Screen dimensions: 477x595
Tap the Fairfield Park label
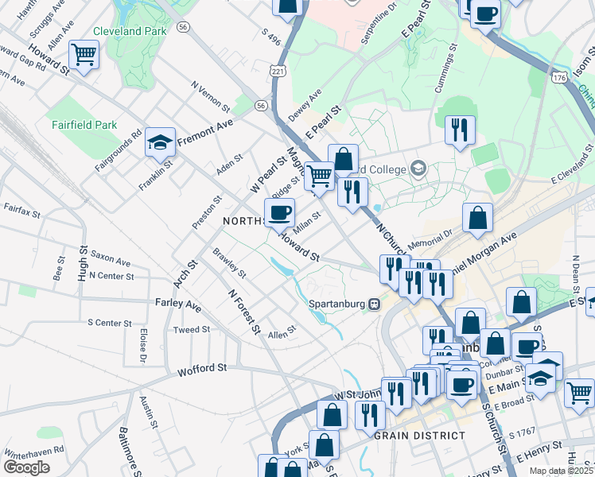(x=84, y=125)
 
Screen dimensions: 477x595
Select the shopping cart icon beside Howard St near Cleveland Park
(x=84, y=54)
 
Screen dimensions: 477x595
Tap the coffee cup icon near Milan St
(x=279, y=212)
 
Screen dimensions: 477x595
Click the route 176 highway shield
(x=560, y=77)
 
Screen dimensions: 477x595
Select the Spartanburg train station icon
(x=372, y=304)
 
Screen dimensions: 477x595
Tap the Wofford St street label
(x=202, y=369)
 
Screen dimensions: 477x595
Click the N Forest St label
(x=244, y=311)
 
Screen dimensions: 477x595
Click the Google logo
(x=26, y=467)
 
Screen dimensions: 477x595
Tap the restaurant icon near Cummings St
(x=460, y=130)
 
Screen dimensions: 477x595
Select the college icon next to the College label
(x=418, y=169)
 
